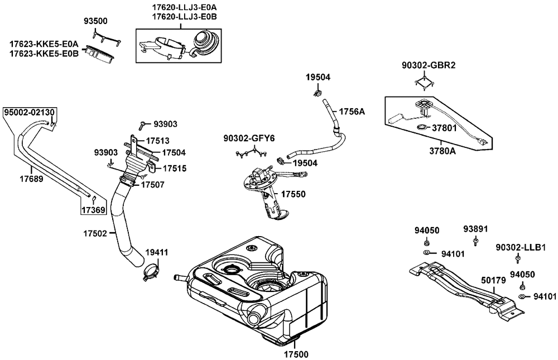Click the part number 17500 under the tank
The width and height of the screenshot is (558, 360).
296,354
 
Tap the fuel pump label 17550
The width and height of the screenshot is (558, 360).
294,194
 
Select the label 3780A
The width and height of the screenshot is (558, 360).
442,151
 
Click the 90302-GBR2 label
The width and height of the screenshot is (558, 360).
429,65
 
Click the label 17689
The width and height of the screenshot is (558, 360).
31,179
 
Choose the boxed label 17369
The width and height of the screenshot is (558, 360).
93,210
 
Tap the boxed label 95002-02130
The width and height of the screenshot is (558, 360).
29,113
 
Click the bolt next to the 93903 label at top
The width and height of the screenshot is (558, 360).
142,124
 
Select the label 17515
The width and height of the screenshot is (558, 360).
174,169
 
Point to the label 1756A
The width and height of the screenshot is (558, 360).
352,112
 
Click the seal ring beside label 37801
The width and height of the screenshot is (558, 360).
422,127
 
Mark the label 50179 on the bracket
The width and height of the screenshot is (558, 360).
493,280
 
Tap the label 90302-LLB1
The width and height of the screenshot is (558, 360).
521,247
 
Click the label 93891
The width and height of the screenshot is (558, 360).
475,229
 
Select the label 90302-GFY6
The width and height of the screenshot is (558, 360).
249,138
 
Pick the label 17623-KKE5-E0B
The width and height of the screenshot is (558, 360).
44,54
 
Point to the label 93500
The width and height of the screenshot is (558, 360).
95,21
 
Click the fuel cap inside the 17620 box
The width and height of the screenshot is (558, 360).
205,41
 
